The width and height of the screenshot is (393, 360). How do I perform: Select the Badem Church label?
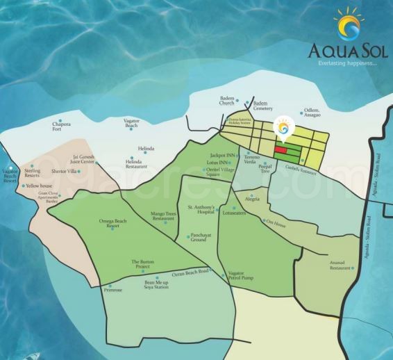coord(228,101)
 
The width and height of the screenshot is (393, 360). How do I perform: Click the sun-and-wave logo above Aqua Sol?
coord(347,26)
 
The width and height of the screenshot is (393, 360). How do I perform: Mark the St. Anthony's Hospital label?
coord(201,209)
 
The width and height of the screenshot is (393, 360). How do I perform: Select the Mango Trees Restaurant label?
coord(162,216)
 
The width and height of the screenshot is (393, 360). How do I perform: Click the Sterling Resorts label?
coord(32,172)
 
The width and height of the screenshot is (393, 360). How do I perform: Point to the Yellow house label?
coord(40,186)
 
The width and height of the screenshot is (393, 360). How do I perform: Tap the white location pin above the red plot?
coord(283,129)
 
